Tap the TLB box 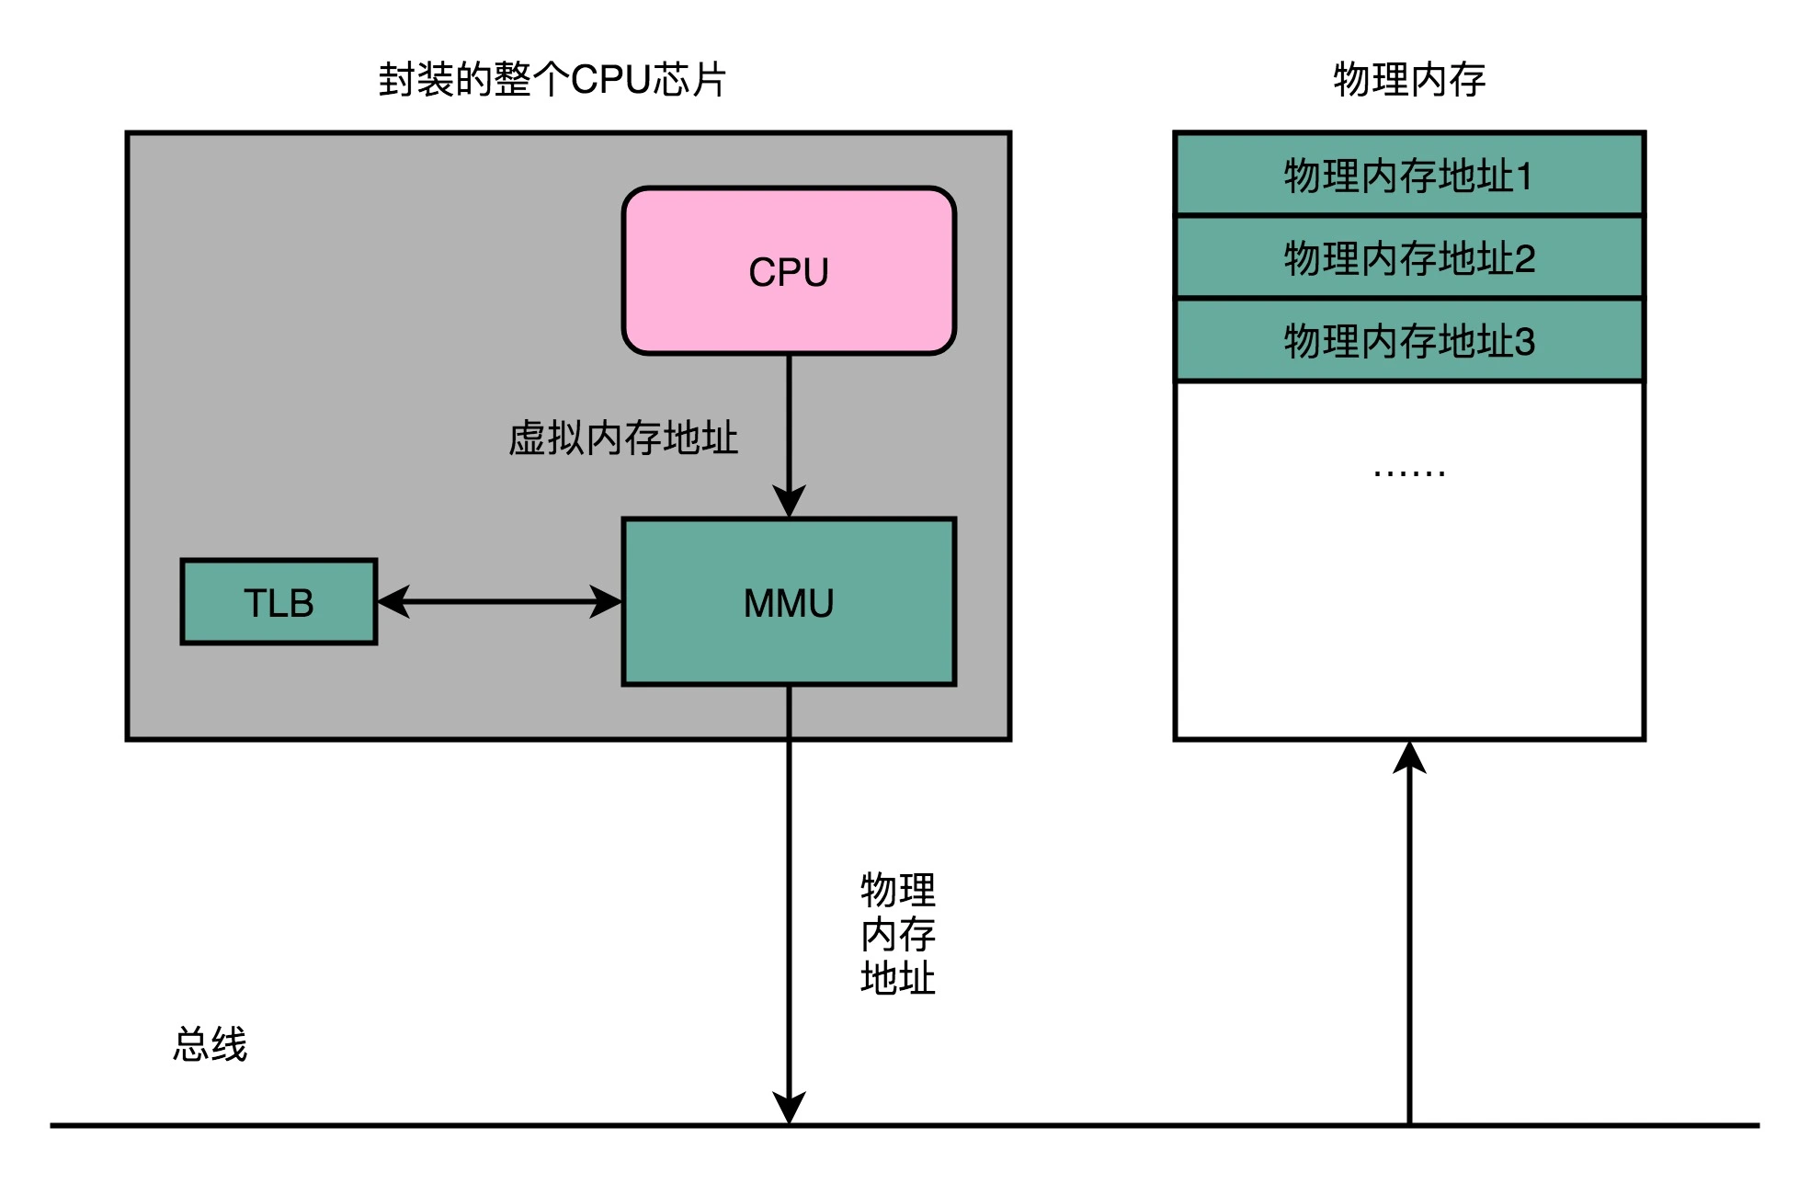tap(279, 602)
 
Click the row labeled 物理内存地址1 tap(1408, 175)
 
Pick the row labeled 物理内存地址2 tap(1408, 257)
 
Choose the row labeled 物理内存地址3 tap(1408, 341)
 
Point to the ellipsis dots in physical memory tap(1408, 473)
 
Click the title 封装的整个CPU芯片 tap(552, 80)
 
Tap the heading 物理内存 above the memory tap(1408, 80)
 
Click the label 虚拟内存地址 tap(623, 438)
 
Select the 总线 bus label tap(211, 1045)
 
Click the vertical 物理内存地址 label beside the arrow tap(897, 934)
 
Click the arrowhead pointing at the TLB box tap(393, 602)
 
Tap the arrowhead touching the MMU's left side tap(607, 602)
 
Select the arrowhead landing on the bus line tap(789, 1108)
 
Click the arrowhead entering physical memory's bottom tap(1408, 757)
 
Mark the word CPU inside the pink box tap(789, 272)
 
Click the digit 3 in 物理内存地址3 tap(1524, 342)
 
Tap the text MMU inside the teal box tap(789, 604)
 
